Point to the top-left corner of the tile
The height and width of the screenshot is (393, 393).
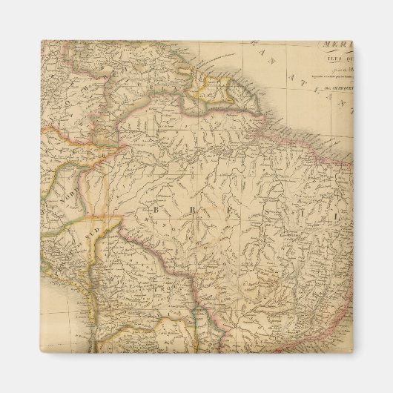[x=42, y=41]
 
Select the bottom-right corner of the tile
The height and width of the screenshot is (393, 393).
[x=352, y=351]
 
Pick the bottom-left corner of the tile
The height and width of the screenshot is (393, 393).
[x=42, y=351]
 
